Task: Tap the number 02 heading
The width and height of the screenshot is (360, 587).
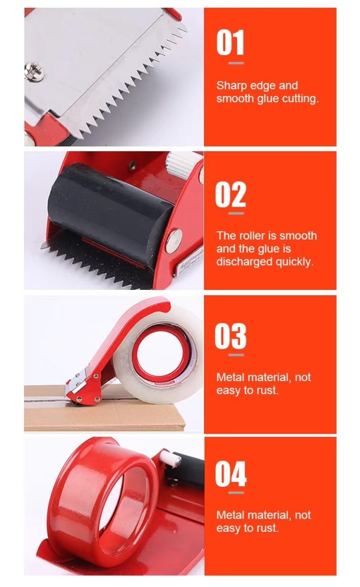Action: point(230,194)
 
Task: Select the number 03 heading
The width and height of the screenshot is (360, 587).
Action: point(230,336)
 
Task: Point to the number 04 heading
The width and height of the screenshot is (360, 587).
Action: point(230,474)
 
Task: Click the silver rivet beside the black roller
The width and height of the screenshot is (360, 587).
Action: point(174,241)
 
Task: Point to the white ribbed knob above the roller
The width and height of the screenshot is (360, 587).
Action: point(184,163)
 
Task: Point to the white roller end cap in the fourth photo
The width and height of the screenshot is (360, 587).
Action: point(170,458)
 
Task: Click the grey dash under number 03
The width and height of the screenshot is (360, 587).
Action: point(236,355)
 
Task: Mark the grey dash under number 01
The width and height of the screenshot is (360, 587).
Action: point(236,63)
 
